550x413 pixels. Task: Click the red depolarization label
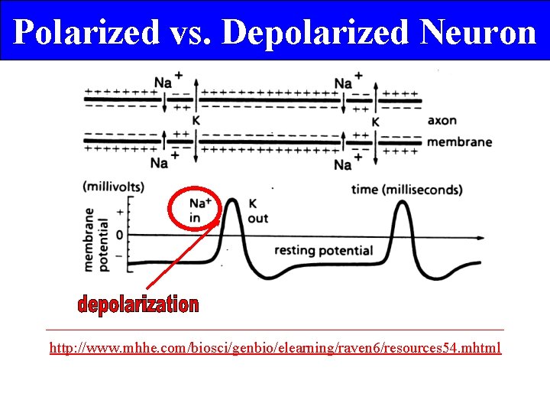pyautogui.click(x=137, y=305)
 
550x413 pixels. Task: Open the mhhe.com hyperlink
pyautogui.click(x=275, y=348)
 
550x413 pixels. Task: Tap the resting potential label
pyautogui.click(x=323, y=250)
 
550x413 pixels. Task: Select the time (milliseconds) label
pyautogui.click(x=406, y=189)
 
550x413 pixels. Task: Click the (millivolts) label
pyautogui.click(x=113, y=186)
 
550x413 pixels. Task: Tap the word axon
pyautogui.click(x=442, y=120)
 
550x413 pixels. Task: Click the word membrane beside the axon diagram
pyautogui.click(x=458, y=141)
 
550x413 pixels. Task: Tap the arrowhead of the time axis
pyautogui.click(x=481, y=238)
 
